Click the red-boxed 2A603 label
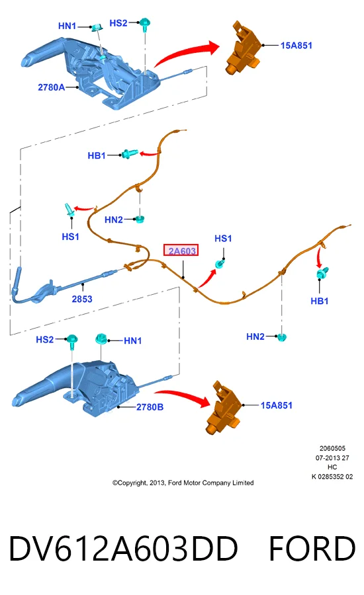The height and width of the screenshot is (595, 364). pos(181,251)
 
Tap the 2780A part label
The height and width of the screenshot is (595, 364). pos(52,87)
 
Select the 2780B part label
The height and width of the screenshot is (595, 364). pos(150,407)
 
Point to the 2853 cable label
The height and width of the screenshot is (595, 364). pos(82,299)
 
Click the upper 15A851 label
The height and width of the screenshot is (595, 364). pos(296,46)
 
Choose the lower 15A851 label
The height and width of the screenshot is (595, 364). pos(276,405)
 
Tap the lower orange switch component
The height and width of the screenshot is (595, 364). pos(224,407)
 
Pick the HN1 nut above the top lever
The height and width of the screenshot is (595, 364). pos(98,27)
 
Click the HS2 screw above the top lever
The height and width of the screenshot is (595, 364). pos(144,24)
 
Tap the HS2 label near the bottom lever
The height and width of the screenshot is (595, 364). pos(45,339)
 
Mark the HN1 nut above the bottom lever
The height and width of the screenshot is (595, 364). pos(101,338)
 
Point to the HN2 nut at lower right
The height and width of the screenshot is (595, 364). pos(281,337)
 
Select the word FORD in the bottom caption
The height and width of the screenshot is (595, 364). pos(312,549)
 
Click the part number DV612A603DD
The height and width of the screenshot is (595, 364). pos(123,549)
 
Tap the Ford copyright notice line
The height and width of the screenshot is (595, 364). pos(183,483)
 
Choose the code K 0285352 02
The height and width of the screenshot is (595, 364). pos(332,477)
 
